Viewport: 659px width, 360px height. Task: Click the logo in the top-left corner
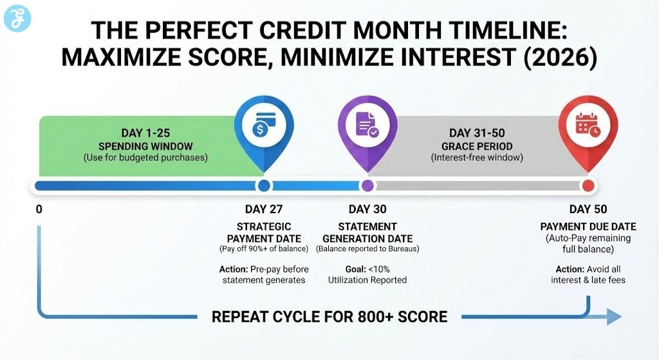[x=17, y=17]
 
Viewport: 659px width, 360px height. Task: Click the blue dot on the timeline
[x=264, y=186]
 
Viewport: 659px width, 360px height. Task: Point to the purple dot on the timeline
[x=367, y=186]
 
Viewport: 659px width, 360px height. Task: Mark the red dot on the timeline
[x=588, y=186]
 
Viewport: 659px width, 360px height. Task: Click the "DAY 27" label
[x=264, y=209]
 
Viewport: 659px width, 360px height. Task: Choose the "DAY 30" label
[x=367, y=209]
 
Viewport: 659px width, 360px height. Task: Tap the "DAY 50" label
[x=588, y=209]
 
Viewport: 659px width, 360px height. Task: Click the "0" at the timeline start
[x=39, y=209]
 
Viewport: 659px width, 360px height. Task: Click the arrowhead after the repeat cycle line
[x=614, y=317]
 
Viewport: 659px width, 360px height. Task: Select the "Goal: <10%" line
[x=367, y=269]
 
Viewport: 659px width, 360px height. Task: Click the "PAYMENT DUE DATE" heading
[x=588, y=227]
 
